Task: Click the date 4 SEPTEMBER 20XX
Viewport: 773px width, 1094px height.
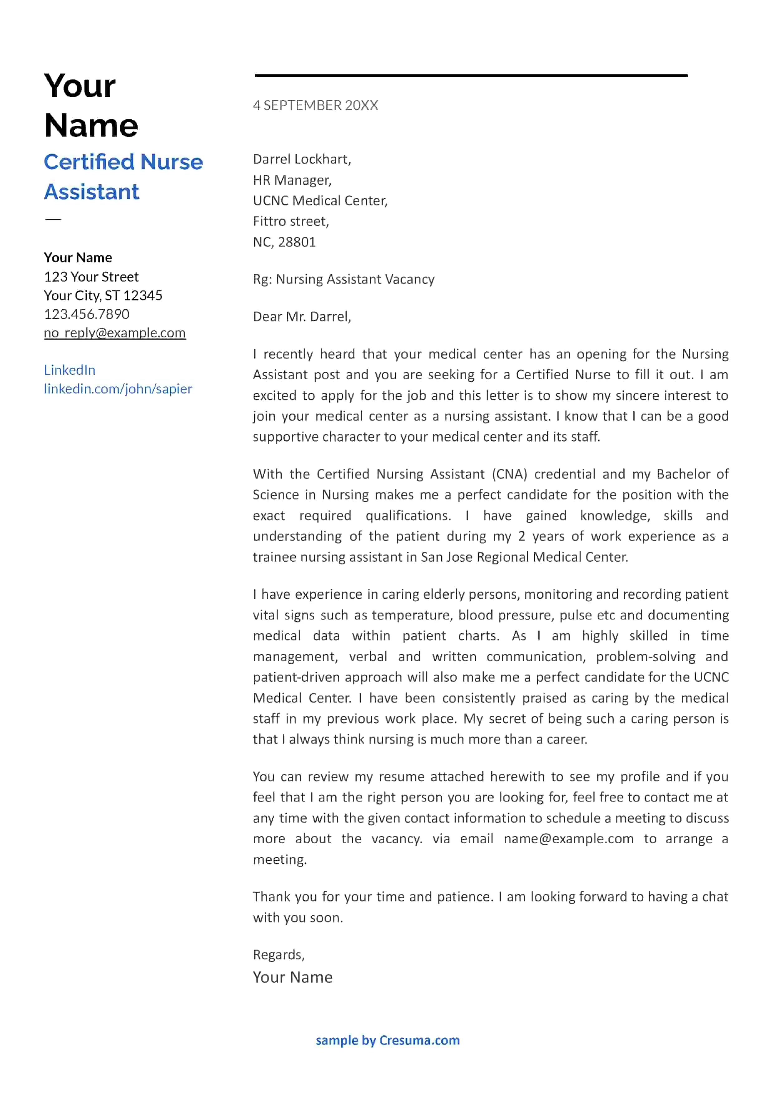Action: pos(315,105)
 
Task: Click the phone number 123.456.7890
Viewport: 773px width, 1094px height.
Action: pos(86,314)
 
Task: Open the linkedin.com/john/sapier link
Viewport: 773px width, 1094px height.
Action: pos(118,389)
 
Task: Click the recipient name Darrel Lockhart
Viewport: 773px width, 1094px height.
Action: pos(301,159)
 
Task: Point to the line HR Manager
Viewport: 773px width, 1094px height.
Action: pos(292,180)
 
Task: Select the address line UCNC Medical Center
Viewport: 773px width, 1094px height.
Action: pos(320,201)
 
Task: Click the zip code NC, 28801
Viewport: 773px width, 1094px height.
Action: pos(284,242)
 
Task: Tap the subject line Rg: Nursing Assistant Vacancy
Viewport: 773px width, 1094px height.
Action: pos(343,279)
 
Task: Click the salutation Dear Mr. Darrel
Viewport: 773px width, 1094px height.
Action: pos(301,317)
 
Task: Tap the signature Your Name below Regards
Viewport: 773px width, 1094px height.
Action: pos(292,977)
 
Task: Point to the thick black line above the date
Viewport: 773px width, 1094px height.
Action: pos(471,75)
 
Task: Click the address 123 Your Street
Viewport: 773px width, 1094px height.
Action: pos(91,277)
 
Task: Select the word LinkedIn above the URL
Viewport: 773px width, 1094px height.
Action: pos(70,370)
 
